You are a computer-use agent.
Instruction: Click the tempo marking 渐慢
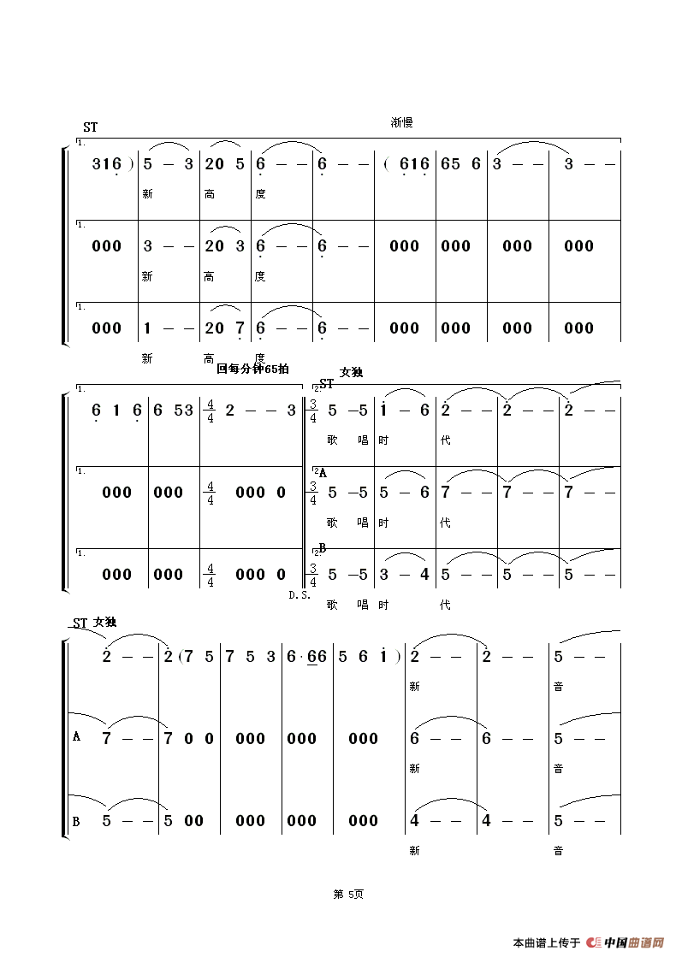[x=401, y=123]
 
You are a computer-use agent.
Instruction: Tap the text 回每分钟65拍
[x=253, y=369]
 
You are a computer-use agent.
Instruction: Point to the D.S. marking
[x=299, y=594]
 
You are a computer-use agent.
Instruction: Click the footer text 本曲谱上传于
[x=547, y=943]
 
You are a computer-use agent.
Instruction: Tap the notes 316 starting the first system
[x=107, y=164]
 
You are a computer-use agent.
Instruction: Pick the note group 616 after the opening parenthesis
[x=414, y=164]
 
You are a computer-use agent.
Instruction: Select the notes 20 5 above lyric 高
[x=225, y=164]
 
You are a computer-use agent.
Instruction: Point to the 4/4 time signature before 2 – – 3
[x=209, y=410]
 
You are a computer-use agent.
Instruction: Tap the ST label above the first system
[x=90, y=127]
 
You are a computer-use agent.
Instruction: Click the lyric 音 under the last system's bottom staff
[x=559, y=851]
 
